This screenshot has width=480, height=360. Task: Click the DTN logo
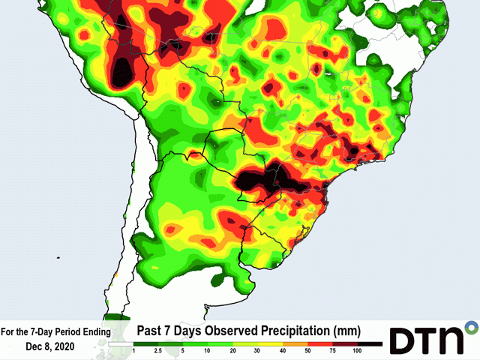428,338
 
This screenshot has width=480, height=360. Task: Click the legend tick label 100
357,351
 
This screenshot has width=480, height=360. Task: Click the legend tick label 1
133,351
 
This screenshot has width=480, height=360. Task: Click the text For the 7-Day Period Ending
55,331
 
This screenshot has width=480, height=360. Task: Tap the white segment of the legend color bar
121,343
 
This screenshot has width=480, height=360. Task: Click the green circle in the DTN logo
471,328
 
